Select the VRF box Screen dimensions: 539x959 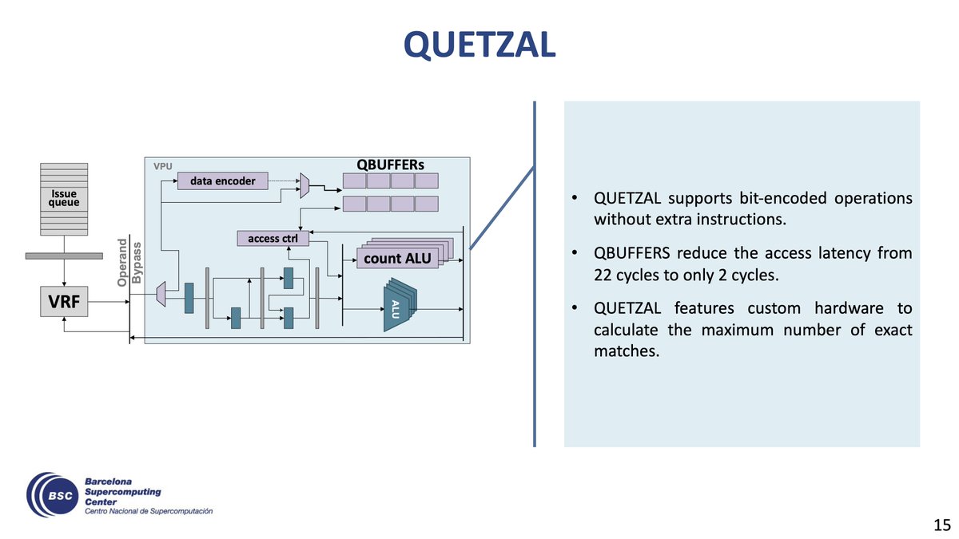[x=64, y=303]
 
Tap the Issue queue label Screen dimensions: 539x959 [x=64, y=198]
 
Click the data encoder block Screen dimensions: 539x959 [x=222, y=181]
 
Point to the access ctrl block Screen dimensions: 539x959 [x=273, y=238]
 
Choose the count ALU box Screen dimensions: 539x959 [x=396, y=259]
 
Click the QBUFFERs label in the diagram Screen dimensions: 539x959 [x=391, y=164]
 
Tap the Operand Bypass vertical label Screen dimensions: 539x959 [x=129, y=260]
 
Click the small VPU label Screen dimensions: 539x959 [x=163, y=168]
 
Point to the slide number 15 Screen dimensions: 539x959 [x=941, y=525]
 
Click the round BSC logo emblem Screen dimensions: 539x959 [x=52, y=495]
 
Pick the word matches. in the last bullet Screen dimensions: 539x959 [x=627, y=351]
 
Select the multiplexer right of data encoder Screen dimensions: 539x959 [x=304, y=184]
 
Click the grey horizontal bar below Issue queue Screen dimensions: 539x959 [x=64, y=256]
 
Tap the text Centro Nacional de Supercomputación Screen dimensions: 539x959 [x=149, y=511]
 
